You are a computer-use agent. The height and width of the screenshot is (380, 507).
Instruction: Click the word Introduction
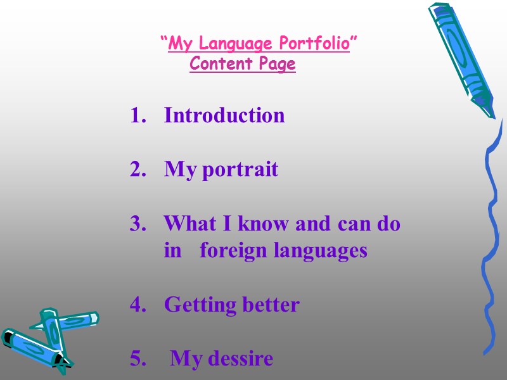[224, 116]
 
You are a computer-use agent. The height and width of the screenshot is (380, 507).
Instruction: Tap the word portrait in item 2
[240, 170]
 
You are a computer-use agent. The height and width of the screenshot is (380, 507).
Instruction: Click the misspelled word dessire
[239, 359]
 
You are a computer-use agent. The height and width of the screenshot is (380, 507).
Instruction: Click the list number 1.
[136, 116]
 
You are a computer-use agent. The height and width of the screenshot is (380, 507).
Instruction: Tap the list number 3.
[136, 224]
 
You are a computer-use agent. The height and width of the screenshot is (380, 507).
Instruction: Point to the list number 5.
[136, 359]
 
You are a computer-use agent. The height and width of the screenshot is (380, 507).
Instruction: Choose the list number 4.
[136, 305]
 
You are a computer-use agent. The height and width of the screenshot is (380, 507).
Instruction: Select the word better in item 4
[270, 305]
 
